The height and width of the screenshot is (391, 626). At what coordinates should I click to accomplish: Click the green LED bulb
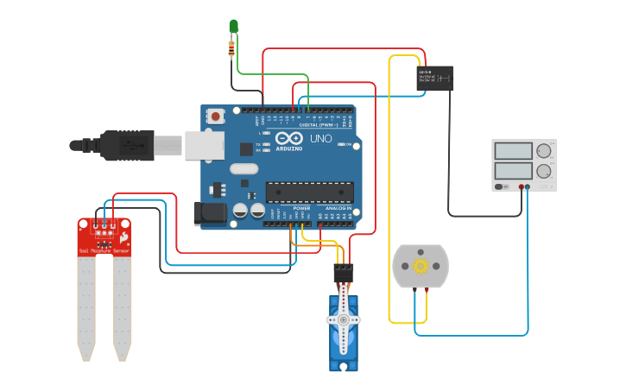(x=233, y=26)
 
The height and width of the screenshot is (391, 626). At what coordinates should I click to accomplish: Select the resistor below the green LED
(x=231, y=48)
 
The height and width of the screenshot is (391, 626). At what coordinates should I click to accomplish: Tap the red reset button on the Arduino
(x=216, y=115)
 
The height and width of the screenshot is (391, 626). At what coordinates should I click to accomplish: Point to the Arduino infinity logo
(x=288, y=138)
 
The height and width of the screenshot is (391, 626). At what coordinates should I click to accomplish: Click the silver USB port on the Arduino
(x=204, y=146)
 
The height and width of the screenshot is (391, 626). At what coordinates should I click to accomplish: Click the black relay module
(x=434, y=79)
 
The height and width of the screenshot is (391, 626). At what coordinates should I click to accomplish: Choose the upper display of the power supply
(x=513, y=151)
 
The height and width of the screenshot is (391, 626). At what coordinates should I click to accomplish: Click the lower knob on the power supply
(x=544, y=171)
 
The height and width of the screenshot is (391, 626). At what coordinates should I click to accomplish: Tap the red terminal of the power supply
(x=522, y=186)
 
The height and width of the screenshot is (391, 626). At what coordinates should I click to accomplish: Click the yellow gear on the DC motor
(x=420, y=266)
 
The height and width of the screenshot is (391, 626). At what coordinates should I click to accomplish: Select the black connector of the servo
(x=345, y=272)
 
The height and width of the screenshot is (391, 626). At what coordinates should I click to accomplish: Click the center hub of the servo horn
(x=344, y=319)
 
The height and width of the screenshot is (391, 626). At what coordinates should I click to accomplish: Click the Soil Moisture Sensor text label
(x=104, y=250)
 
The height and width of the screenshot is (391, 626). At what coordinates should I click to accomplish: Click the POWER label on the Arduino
(x=301, y=208)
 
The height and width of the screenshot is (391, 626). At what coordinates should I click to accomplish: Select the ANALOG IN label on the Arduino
(x=338, y=208)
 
